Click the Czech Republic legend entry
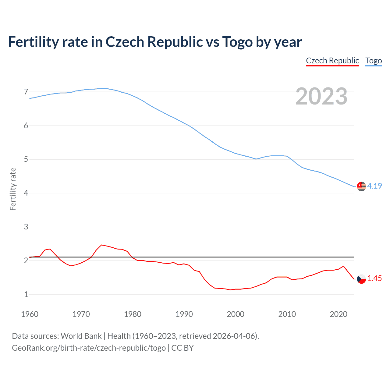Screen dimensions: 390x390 click(332, 61)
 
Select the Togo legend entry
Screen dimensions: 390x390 click(374, 61)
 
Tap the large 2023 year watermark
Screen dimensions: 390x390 click(321, 96)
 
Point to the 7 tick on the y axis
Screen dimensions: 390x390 click(26, 92)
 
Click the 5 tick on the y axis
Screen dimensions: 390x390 click(26, 159)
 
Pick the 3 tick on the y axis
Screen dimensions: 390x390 click(26, 227)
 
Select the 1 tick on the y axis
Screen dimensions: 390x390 click(26, 294)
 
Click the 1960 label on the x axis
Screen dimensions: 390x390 click(30, 314)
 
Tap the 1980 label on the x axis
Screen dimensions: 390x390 click(133, 314)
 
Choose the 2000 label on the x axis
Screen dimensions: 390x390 click(236, 314)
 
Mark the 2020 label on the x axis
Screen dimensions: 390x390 click(339, 314)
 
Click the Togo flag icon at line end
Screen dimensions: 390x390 click(361, 186)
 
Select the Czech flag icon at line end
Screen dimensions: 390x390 click(361, 278)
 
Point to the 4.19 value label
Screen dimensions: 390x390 click(374, 186)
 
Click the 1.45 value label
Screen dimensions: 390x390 click(374, 278)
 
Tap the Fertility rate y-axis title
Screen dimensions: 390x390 click(13, 189)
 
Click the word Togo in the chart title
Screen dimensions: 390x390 click(237, 42)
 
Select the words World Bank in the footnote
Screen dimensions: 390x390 click(81, 336)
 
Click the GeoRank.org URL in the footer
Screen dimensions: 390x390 click(89, 348)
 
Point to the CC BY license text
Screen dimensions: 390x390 click(183, 348)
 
